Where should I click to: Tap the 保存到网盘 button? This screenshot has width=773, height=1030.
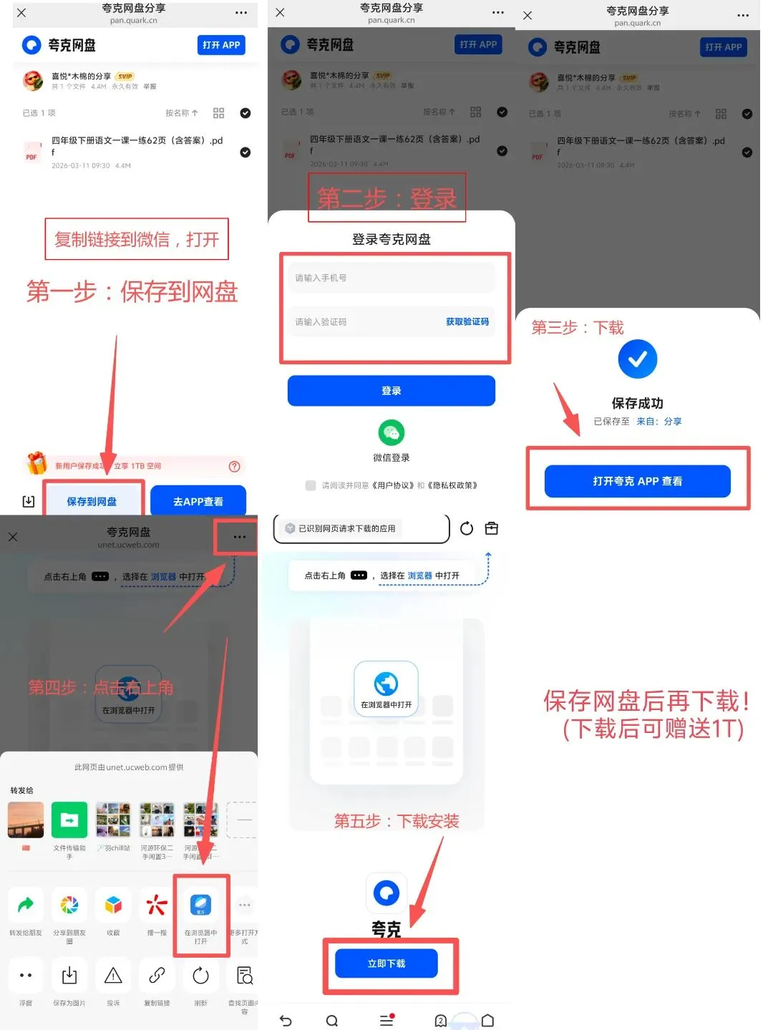92,501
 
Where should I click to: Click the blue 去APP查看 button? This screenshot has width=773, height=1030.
198,501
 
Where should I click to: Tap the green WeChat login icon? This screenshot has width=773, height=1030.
392,432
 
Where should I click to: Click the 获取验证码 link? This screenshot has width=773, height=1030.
467,322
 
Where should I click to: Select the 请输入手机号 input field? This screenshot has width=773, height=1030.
392,278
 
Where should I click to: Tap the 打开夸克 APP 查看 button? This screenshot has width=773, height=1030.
637,481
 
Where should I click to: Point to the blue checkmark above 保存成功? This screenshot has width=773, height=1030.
637,359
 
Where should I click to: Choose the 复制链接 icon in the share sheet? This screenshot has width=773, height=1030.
157,976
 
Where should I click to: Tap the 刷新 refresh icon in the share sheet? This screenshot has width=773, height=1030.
200,976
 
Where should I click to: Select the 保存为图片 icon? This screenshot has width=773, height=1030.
69,976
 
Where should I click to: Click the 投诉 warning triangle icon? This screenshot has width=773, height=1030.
113,976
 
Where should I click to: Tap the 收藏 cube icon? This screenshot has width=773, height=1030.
113,905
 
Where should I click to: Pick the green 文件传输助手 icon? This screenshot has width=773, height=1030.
69,820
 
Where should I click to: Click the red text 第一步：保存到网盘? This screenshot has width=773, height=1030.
132,292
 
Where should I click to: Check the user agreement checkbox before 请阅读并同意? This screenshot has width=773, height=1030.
311,485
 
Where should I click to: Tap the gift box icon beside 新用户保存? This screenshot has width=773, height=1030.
36,464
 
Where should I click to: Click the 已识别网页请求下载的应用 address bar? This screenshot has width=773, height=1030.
361,528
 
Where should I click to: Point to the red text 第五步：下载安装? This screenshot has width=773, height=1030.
397,821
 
